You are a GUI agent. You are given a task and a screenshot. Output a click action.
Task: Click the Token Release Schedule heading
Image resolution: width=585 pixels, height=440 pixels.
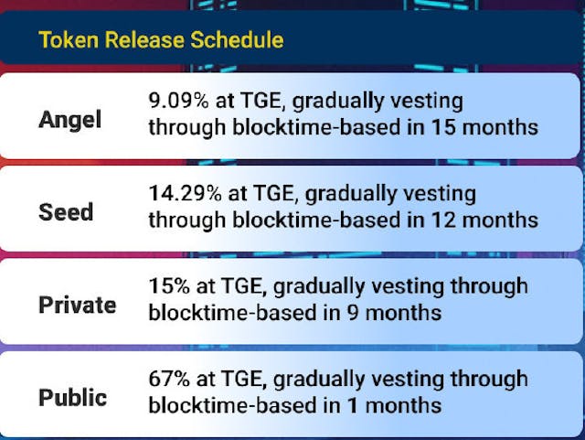[x=160, y=40]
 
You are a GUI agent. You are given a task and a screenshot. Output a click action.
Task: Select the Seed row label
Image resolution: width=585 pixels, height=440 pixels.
[x=66, y=212]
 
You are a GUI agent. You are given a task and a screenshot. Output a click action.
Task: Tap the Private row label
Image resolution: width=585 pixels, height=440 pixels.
[x=77, y=305]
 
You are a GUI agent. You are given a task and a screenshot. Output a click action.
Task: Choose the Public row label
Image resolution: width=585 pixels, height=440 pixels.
[x=72, y=398]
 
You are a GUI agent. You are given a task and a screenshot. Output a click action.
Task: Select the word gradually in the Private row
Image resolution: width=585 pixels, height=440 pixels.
[x=333, y=286]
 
